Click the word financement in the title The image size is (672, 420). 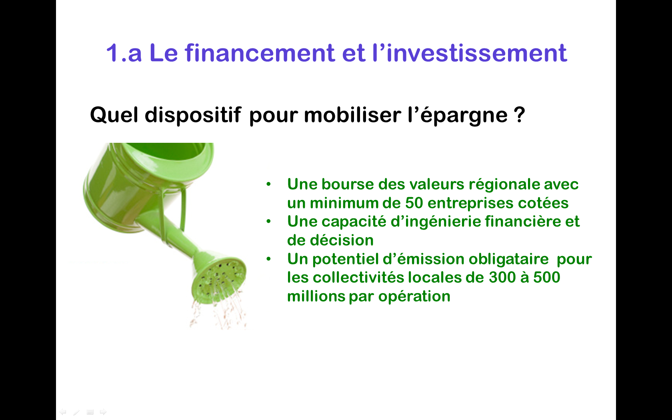click(260, 53)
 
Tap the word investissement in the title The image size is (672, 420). click(477, 53)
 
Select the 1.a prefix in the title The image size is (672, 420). click(124, 53)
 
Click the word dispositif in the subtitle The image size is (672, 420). click(193, 115)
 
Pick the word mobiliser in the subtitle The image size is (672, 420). click(352, 114)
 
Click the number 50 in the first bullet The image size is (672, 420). click(414, 203)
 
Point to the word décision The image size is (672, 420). click(342, 240)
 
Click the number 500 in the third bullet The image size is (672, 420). click(546, 278)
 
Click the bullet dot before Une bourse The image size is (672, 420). click(268, 184)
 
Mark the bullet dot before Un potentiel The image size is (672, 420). click(268, 259)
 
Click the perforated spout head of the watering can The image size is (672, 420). click(219, 279)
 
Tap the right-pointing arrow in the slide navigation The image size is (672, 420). click(103, 412)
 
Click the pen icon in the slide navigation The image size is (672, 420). click(76, 412)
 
